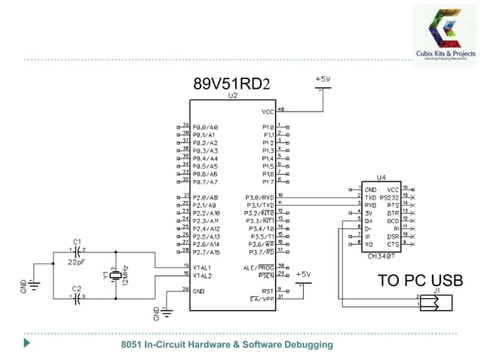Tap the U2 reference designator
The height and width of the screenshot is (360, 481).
coord(231,97)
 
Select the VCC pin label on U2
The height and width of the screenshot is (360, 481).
coord(268,111)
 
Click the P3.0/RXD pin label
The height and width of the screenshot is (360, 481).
coord(260,197)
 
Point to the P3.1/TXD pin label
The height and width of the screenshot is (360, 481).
coord(260,205)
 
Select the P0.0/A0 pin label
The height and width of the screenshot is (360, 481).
coord(205,127)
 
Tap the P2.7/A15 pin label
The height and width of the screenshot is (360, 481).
coord(207,252)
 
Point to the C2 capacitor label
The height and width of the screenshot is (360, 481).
coord(75,288)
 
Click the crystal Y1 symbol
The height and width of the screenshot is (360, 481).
coord(115,276)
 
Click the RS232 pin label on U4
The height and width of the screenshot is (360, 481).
coord(391,197)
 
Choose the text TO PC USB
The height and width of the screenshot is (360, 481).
coord(421,280)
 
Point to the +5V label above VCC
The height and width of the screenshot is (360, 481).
coord(322,78)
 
